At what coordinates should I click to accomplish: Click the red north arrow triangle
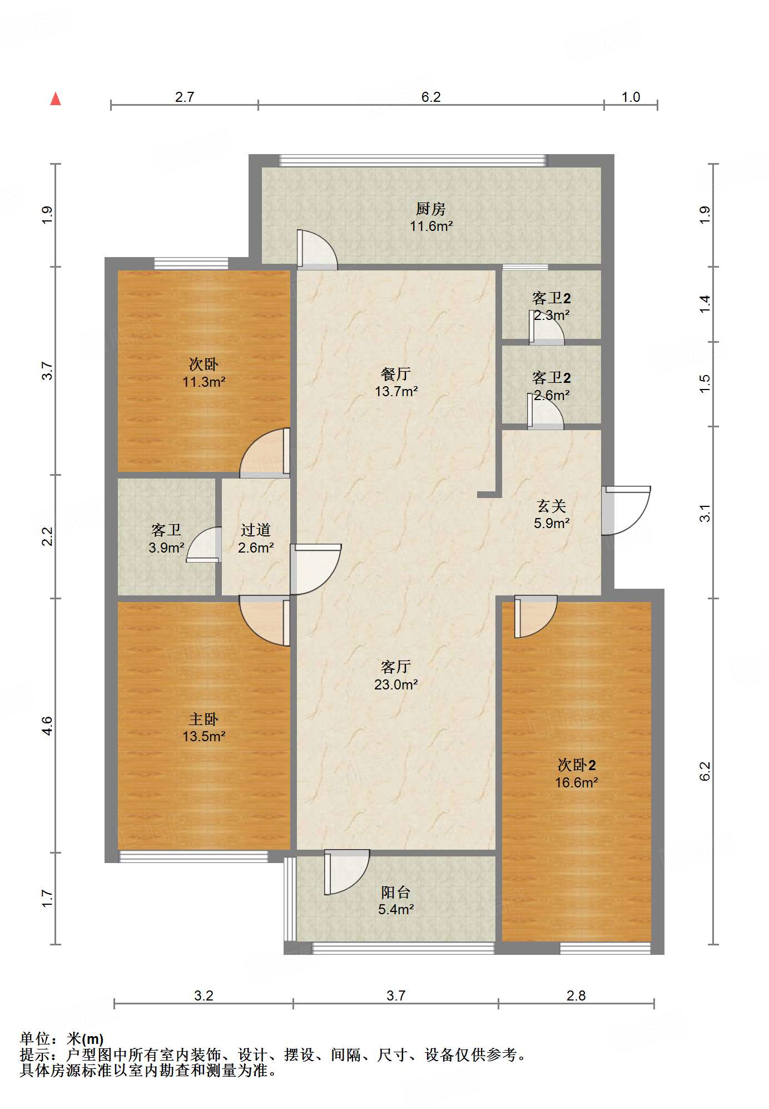[56, 99]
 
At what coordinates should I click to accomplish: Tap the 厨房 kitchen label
[431, 209]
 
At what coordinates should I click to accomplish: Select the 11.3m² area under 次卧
[204, 382]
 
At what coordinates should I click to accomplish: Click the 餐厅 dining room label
[396, 374]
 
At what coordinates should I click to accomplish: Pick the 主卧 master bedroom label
[204, 719]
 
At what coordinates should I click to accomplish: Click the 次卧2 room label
[577, 765]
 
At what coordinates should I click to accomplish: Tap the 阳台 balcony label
[396, 893]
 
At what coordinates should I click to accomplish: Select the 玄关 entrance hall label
[552, 506]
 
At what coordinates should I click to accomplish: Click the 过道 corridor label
[256, 530]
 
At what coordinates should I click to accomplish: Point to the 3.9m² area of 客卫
[166, 548]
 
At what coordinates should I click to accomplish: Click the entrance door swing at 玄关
[627, 511]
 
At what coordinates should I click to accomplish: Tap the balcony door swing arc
[347, 872]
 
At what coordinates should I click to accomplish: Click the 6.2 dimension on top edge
[431, 97]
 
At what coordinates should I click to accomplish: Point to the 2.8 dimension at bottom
[576, 995]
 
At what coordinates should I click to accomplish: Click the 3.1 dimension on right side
[704, 512]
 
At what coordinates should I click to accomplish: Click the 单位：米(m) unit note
[62, 1038]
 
